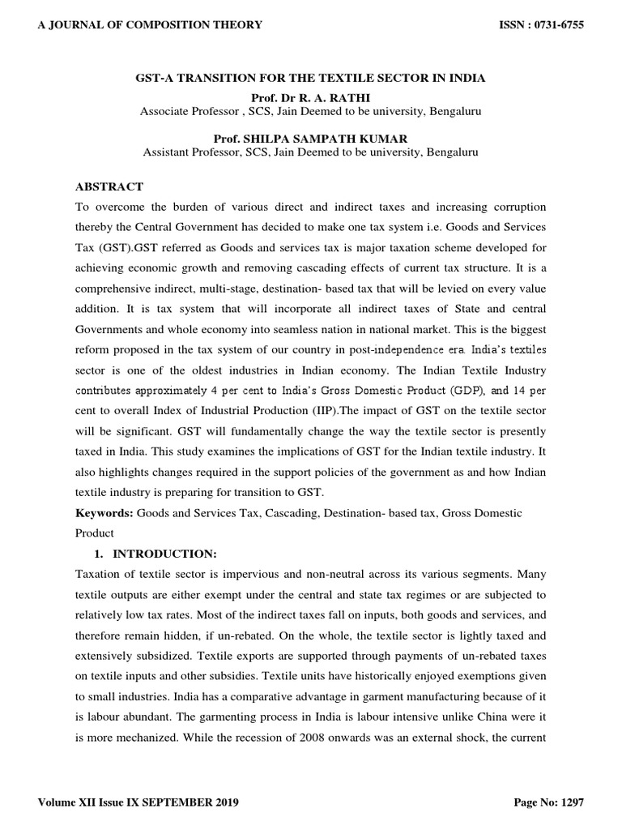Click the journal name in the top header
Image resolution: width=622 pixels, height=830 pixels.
click(x=151, y=25)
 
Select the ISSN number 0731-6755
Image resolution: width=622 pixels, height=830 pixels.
click(x=552, y=25)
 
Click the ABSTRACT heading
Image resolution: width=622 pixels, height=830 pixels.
click(x=109, y=187)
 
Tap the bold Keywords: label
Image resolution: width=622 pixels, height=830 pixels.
click(x=104, y=514)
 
